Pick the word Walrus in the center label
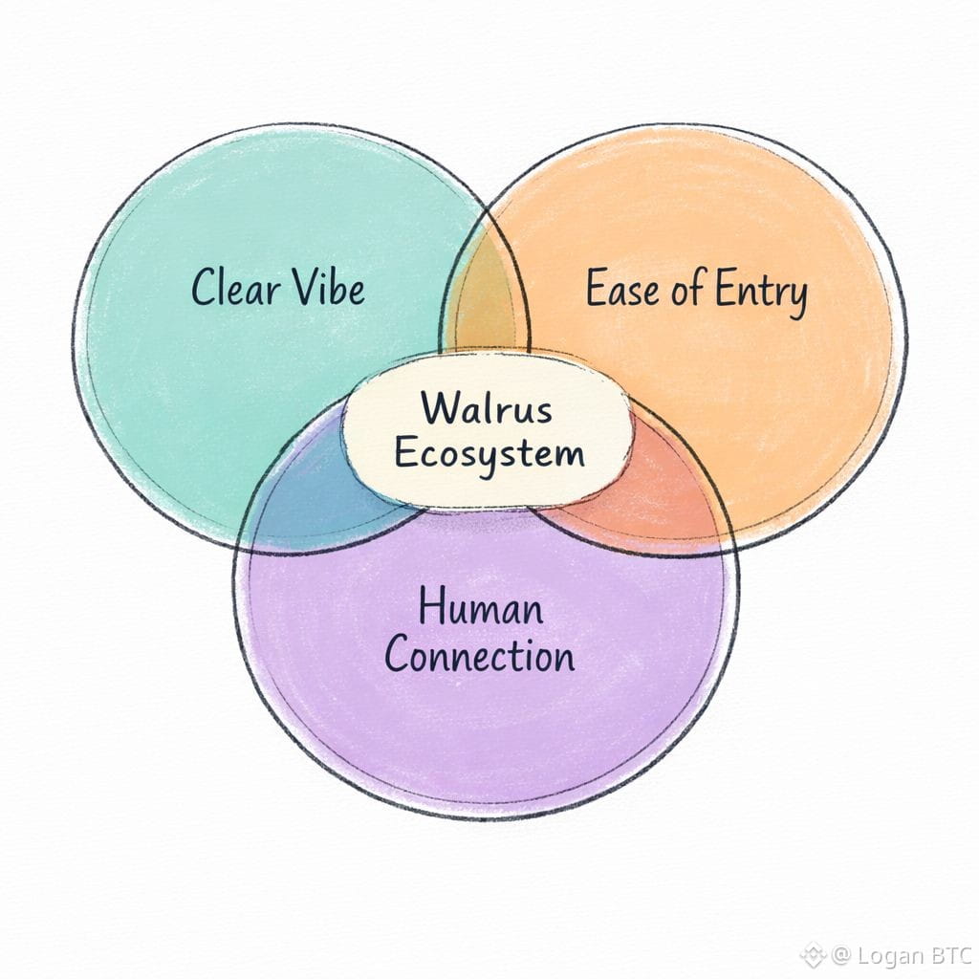click(x=488, y=409)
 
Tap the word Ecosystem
click(x=489, y=452)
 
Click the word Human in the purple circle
click(x=481, y=609)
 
